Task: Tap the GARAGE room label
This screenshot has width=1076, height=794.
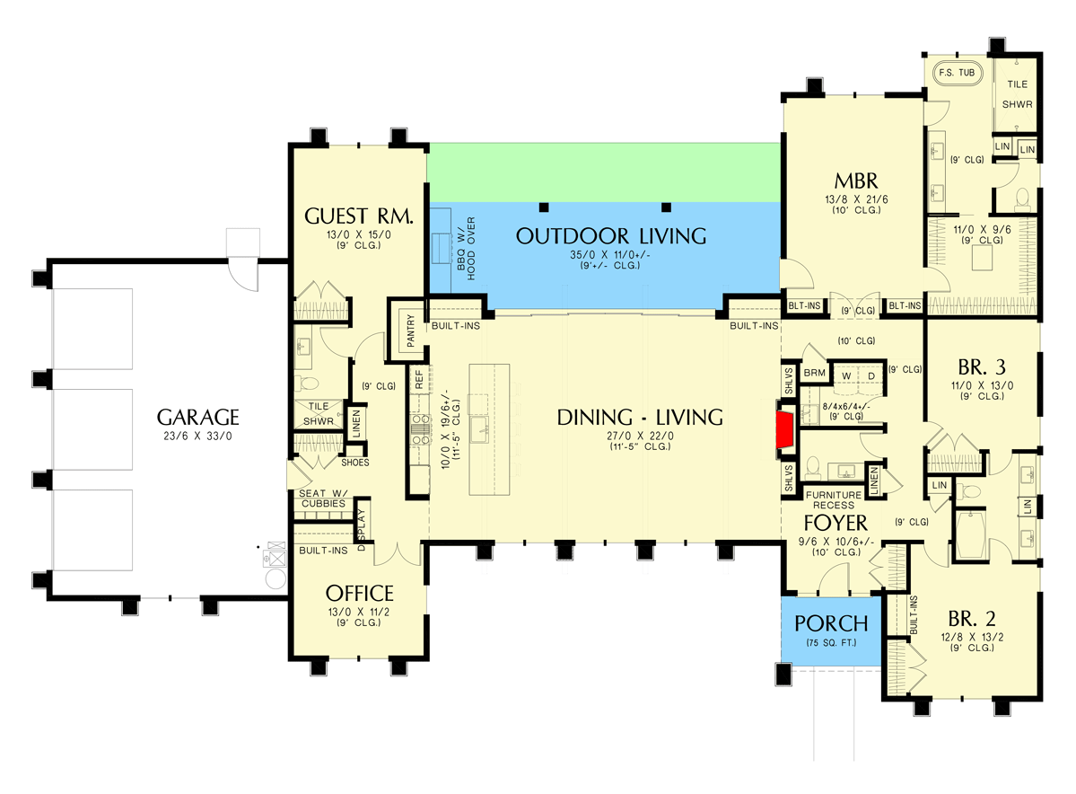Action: pos(197,417)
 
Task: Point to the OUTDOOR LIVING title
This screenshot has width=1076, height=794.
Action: pos(611,236)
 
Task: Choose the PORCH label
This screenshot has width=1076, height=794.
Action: pos(832,623)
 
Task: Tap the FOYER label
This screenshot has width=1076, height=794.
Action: pos(835,523)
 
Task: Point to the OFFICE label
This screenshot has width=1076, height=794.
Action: pos(359,593)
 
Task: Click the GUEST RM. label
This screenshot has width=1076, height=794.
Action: pos(358,216)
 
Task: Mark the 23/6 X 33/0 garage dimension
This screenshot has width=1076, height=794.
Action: pos(197,437)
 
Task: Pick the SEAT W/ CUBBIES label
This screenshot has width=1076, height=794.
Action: pos(321,498)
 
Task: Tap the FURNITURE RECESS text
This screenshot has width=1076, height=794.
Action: pos(833,499)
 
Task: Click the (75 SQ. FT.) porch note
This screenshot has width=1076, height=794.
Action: pos(832,643)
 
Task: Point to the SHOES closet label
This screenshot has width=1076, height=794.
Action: pos(354,463)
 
